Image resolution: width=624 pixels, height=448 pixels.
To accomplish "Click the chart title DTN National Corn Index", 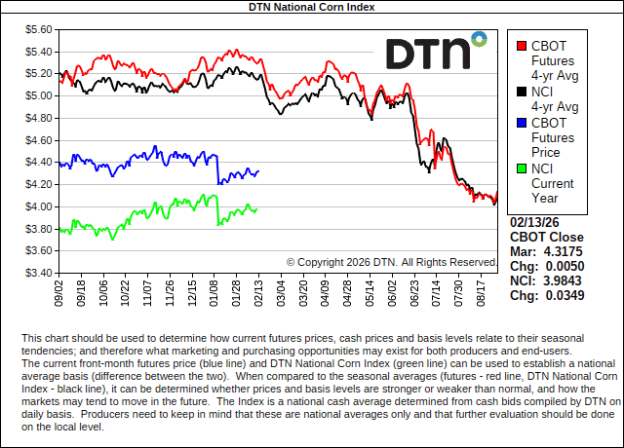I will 312,7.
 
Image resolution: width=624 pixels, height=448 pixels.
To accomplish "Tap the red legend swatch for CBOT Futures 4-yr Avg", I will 522,45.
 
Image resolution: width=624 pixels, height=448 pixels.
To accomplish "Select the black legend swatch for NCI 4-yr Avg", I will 522,91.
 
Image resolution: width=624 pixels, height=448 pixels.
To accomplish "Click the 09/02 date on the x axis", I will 59,292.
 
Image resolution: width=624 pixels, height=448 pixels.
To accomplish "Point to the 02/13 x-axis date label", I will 258,292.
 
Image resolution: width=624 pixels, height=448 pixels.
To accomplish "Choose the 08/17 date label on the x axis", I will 481,292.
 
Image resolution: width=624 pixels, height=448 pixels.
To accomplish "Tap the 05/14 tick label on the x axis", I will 370,292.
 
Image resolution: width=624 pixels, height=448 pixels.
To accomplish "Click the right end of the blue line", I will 258,171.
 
